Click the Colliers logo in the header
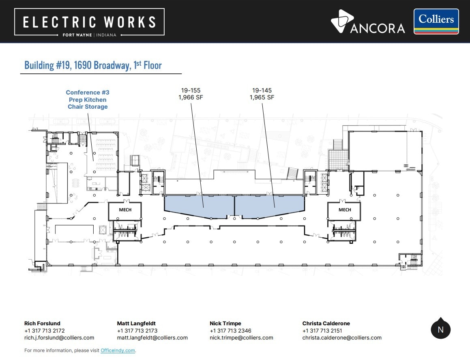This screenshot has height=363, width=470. [436, 21]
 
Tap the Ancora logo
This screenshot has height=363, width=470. [368, 21]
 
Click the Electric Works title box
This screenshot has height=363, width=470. [89, 22]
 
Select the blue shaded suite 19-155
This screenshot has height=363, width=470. [199, 206]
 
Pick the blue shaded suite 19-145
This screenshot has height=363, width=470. [269, 206]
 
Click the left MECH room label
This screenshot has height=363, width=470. [125, 210]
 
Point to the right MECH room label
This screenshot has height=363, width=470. [345, 210]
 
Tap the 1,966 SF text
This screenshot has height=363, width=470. [191, 97]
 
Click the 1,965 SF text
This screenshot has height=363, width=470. [262, 97]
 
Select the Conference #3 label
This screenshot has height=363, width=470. [88, 92]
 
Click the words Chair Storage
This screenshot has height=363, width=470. [88, 107]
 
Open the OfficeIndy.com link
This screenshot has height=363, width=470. [118, 350]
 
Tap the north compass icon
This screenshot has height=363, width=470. [441, 329]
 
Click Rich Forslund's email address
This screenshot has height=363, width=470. [59, 338]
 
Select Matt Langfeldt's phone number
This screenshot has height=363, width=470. [137, 331]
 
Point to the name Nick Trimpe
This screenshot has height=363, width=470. [225, 323]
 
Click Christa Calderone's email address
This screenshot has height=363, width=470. [342, 338]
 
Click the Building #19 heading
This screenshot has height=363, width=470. [93, 65]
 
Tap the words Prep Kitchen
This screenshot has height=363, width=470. [88, 100]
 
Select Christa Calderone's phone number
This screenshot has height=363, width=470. [322, 331]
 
